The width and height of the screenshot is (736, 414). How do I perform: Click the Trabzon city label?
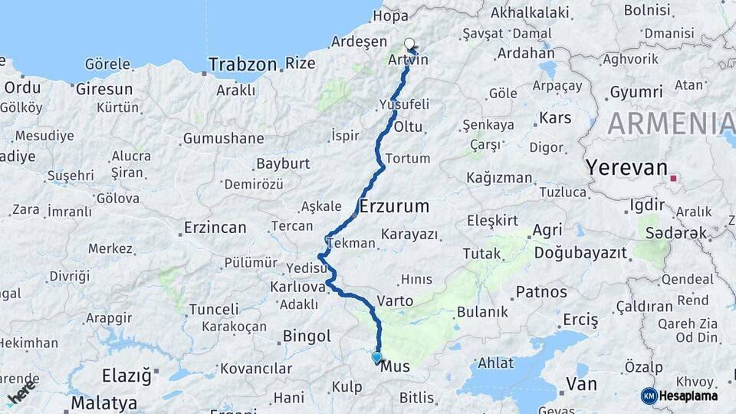[x=242, y=64]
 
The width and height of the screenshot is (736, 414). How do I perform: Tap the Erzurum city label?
[x=394, y=206]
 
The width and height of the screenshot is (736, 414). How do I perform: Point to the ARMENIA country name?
[x=671, y=123]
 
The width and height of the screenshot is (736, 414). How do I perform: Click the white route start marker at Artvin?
[x=409, y=44]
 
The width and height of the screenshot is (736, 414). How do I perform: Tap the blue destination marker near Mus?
[x=376, y=357]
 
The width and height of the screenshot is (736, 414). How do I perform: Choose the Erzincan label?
[x=215, y=228]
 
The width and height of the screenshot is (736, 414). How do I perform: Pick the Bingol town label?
[x=307, y=336]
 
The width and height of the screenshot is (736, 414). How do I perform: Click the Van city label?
[x=581, y=383]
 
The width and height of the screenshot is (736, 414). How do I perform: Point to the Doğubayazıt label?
[x=580, y=251]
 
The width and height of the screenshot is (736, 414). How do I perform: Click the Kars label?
[x=555, y=118]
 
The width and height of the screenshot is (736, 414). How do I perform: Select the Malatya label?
[x=103, y=402]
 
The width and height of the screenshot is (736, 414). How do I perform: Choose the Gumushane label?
[x=223, y=139]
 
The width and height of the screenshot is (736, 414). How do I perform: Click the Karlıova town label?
[x=297, y=287]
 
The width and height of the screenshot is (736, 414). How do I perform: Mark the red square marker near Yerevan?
[x=673, y=179]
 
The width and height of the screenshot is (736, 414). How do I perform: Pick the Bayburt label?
[x=283, y=163]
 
